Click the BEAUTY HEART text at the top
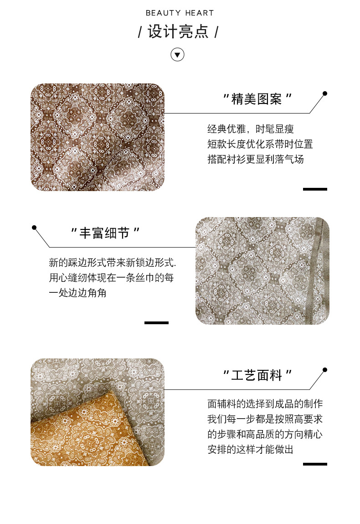click(x=180, y=13)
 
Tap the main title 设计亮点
click(x=178, y=32)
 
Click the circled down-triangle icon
click(x=178, y=54)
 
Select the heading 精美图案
click(x=257, y=99)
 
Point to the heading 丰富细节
click(x=104, y=233)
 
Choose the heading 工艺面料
click(x=257, y=376)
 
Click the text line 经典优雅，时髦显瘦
click(x=251, y=129)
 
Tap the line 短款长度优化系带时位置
click(x=260, y=144)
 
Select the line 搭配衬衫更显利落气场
click(x=256, y=160)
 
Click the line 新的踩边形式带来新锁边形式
click(x=113, y=263)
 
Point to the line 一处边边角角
click(x=77, y=293)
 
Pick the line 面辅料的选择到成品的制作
click(x=265, y=404)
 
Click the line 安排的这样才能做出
click(x=251, y=449)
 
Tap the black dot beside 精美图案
click(x=325, y=93)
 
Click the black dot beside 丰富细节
click(x=34, y=228)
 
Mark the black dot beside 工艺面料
click(x=325, y=370)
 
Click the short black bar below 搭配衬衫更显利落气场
click(x=315, y=189)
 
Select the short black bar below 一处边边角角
click(x=156, y=323)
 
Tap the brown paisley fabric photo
click(x=98, y=137)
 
